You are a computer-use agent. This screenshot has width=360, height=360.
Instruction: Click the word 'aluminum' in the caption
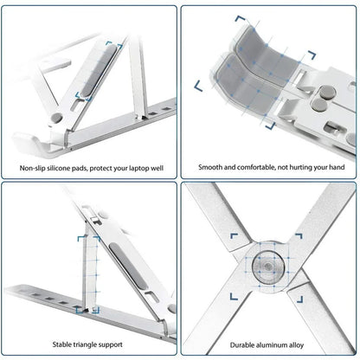(x=271, y=344)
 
